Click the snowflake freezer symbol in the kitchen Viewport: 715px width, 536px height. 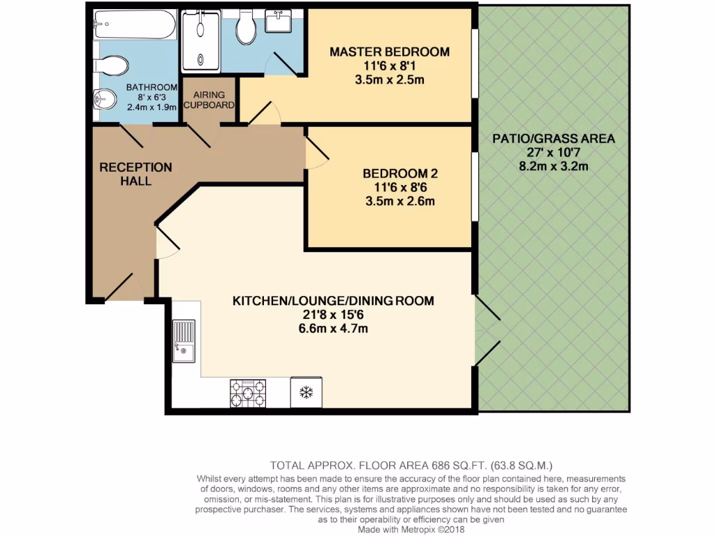point(306,392)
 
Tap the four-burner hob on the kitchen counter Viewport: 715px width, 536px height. point(248,393)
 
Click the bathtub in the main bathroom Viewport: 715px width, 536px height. point(135,24)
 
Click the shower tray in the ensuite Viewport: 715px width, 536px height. point(200,42)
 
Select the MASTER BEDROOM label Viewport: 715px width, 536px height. point(390,52)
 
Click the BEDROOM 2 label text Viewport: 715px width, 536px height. point(400,173)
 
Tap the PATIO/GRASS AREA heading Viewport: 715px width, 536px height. point(554,138)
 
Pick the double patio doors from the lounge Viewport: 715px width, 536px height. point(487,331)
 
